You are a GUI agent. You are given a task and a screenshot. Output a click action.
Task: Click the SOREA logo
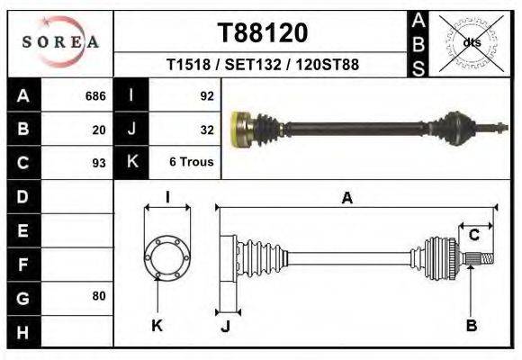[60, 42]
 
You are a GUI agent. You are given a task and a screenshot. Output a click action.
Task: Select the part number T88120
[263, 33]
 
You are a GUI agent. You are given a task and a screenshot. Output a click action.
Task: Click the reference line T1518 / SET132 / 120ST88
[263, 65]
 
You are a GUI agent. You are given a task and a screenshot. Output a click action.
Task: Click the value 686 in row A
[95, 96]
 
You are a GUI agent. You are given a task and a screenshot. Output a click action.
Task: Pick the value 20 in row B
[99, 130]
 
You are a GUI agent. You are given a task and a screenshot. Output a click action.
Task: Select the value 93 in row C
[99, 163]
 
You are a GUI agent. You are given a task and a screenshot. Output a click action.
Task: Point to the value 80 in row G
[99, 296]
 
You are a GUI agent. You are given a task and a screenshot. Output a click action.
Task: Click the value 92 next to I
[205, 96]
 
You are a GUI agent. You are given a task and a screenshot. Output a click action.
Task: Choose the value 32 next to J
[205, 130]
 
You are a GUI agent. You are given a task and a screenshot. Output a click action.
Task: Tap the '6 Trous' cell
[191, 163]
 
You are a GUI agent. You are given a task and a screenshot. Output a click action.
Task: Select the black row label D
[22, 196]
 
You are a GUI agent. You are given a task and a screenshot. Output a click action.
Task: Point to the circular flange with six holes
[166, 256]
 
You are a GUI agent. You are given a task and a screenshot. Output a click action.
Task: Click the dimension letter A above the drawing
[346, 199]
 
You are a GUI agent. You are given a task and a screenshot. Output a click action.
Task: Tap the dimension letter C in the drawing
[473, 236]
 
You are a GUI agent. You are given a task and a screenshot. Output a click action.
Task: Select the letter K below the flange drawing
[156, 326]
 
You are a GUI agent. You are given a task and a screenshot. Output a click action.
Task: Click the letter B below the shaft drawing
[471, 326]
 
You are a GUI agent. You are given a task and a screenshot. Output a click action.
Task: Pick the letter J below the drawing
[226, 326]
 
